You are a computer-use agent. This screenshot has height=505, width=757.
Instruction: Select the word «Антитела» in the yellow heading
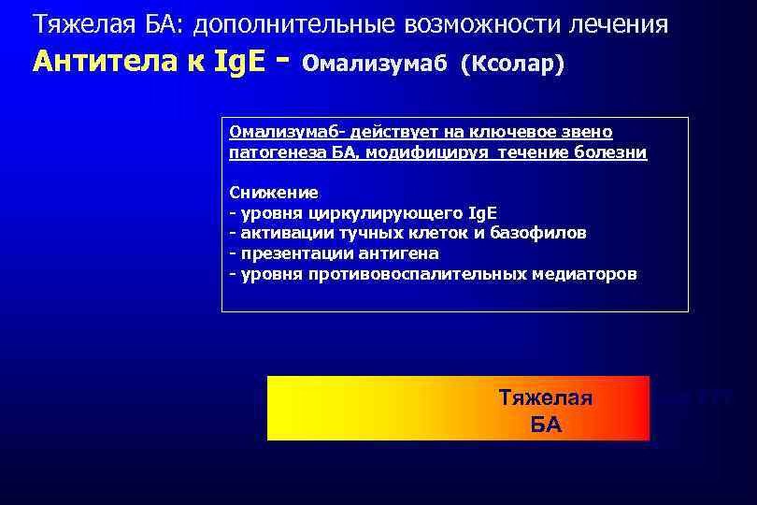click(x=93, y=62)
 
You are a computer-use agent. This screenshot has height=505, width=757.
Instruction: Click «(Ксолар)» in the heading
click(x=513, y=65)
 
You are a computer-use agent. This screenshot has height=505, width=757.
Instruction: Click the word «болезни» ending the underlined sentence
click(x=612, y=152)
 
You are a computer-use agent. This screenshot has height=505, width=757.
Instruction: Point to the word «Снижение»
click(x=274, y=193)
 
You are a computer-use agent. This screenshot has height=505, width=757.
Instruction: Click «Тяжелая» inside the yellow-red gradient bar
click(x=546, y=397)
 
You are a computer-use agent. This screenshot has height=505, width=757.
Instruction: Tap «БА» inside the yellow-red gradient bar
click(x=546, y=425)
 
